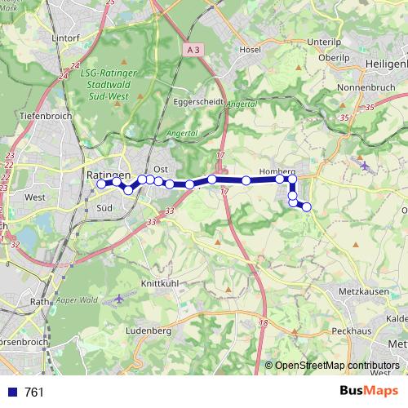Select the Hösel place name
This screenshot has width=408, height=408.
coord(249,49)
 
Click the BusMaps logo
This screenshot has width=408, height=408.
coord(367,392)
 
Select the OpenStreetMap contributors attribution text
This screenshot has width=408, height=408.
coord(337,365)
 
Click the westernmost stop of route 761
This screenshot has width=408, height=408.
coord(101,184)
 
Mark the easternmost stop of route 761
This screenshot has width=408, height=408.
coord(307,207)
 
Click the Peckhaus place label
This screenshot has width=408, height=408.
coord(353,332)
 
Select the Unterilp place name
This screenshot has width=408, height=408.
coord(325,41)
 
